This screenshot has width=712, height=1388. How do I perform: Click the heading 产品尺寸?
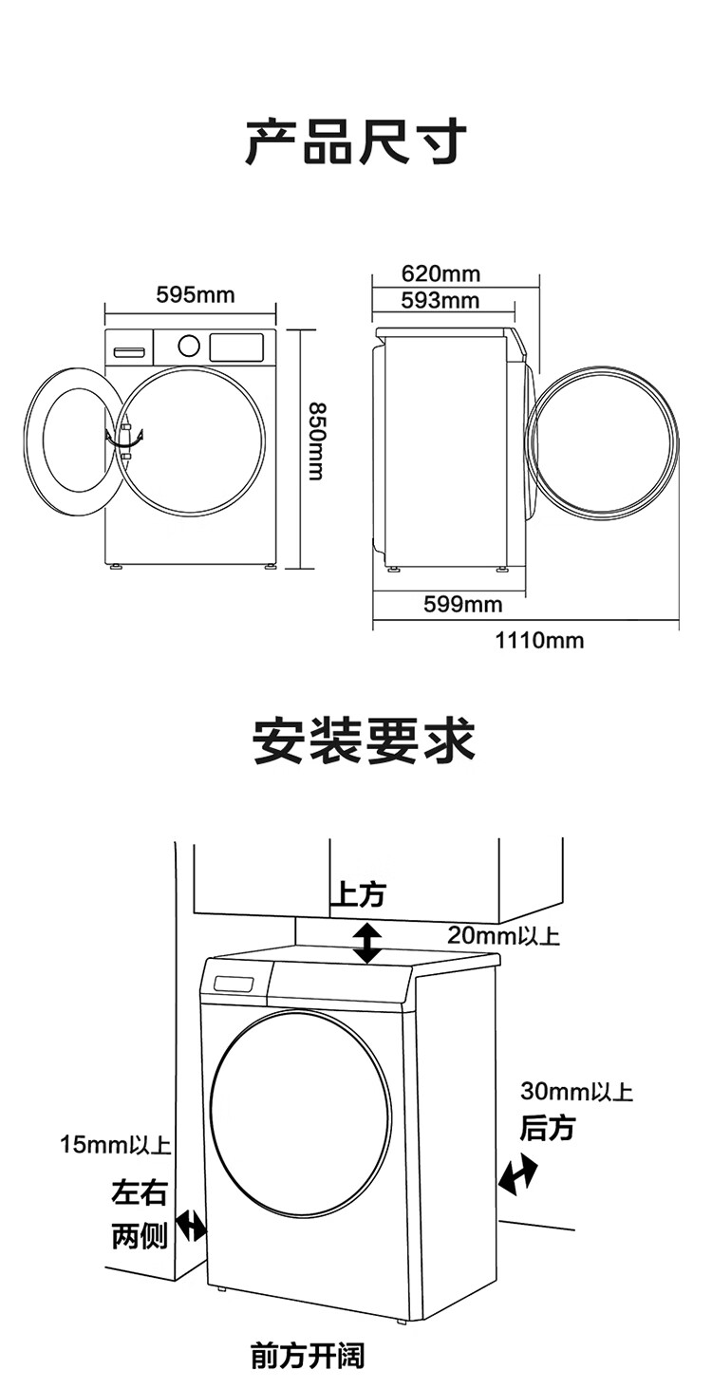pyautogui.click(x=356, y=143)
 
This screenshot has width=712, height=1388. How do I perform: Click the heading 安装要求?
pyautogui.click(x=364, y=741)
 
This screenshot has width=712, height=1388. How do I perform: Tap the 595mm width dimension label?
pyautogui.click(x=195, y=295)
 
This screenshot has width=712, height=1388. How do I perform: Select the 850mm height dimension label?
pyautogui.click(x=315, y=441)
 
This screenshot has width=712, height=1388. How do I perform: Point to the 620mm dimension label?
pyautogui.click(x=440, y=274)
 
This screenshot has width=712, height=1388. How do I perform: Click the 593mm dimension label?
pyautogui.click(x=440, y=301)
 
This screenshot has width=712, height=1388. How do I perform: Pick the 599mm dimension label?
pyautogui.click(x=463, y=604)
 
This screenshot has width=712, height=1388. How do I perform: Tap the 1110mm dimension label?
pyautogui.click(x=539, y=640)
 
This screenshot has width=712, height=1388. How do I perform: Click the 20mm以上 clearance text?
pyautogui.click(x=503, y=936)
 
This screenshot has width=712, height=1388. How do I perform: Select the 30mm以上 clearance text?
pyautogui.click(x=576, y=1092)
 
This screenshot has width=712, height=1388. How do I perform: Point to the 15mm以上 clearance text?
pyautogui.click(x=115, y=1145)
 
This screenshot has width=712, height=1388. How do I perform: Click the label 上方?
pyautogui.click(x=358, y=894)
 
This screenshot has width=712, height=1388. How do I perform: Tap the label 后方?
pyautogui.click(x=548, y=1128)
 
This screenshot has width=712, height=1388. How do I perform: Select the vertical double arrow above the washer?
pyautogui.click(x=367, y=942)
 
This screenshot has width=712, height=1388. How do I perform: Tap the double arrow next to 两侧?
pyautogui.click(x=191, y=1226)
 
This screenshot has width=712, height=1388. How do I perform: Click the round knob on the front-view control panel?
pyautogui.click(x=189, y=345)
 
